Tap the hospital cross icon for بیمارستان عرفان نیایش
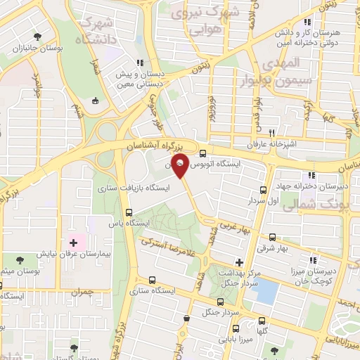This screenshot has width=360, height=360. tap(73, 242)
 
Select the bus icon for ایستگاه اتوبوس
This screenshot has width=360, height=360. tap(202, 154)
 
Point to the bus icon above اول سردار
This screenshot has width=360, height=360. tap(263, 190)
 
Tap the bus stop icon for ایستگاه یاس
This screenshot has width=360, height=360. tap(128, 212)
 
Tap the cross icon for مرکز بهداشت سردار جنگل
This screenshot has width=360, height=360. tap(240, 262)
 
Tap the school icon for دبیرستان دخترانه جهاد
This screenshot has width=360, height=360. tap(310, 176)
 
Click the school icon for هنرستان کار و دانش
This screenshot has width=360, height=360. tap(307, 22)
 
